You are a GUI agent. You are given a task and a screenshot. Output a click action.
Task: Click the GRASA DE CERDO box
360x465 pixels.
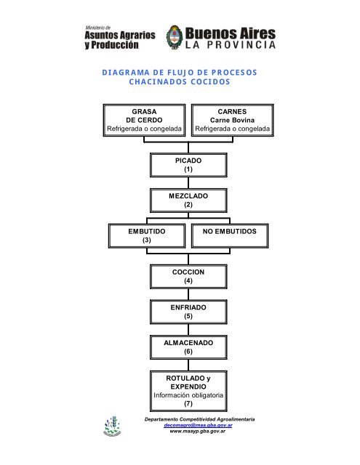(x=144, y=120)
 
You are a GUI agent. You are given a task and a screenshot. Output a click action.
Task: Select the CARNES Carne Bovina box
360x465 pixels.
(x=233, y=120)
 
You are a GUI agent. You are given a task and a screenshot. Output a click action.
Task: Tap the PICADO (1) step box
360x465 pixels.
(x=188, y=165)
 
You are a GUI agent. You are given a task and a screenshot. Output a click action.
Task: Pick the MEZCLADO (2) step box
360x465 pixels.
(x=188, y=201)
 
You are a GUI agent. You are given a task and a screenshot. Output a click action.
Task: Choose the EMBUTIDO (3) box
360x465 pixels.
(x=147, y=235)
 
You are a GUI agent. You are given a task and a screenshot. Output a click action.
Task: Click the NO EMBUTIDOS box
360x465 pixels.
(x=230, y=235)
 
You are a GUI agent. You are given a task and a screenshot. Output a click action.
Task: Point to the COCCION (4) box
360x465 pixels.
(x=188, y=276)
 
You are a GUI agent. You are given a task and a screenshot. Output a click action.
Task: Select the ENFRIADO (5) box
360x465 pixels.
(x=188, y=312)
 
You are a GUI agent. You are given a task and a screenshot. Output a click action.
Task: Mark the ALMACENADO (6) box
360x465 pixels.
(x=188, y=347)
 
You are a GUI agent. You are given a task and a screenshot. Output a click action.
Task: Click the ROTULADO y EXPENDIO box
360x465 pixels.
(x=188, y=391)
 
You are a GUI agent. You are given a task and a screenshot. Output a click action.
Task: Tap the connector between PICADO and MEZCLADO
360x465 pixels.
(x=188, y=183)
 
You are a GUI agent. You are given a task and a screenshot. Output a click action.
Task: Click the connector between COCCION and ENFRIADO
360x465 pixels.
(x=188, y=294)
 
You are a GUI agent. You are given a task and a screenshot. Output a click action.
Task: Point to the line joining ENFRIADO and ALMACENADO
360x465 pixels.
(x=188, y=329)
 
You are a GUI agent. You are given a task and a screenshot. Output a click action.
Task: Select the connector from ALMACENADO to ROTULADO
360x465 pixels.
(x=188, y=365)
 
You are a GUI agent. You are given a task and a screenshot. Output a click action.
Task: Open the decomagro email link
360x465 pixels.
(x=198, y=425)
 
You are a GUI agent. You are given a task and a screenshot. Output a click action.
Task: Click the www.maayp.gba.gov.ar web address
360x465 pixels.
(x=198, y=431)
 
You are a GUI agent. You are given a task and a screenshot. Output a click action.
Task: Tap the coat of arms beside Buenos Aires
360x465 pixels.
(x=175, y=37)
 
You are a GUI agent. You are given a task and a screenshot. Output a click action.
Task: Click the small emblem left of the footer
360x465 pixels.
(x=112, y=426)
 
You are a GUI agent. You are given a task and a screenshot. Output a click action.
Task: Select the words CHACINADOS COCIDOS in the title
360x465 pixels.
(x=180, y=81)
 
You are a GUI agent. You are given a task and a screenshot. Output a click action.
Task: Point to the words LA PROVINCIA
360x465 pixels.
(x=231, y=45)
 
